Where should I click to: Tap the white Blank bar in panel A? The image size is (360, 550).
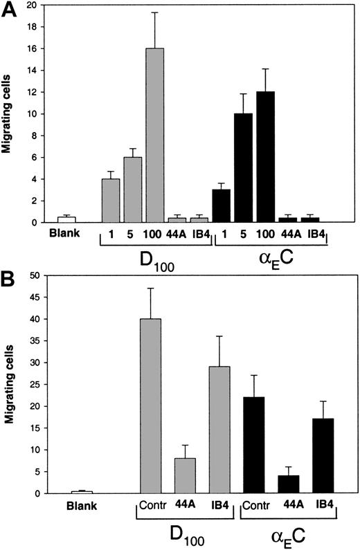tap(66, 219)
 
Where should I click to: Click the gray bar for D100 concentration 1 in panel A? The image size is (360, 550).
tap(111, 201)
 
